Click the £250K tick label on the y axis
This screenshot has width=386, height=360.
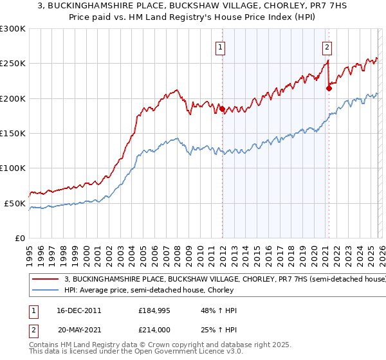[13, 64]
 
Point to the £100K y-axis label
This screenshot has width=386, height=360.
[13, 168]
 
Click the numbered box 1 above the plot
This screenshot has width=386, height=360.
[221, 46]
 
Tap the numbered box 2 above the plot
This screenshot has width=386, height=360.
[327, 46]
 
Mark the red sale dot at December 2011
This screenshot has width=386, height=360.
[222, 109]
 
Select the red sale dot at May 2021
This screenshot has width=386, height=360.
[329, 89]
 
